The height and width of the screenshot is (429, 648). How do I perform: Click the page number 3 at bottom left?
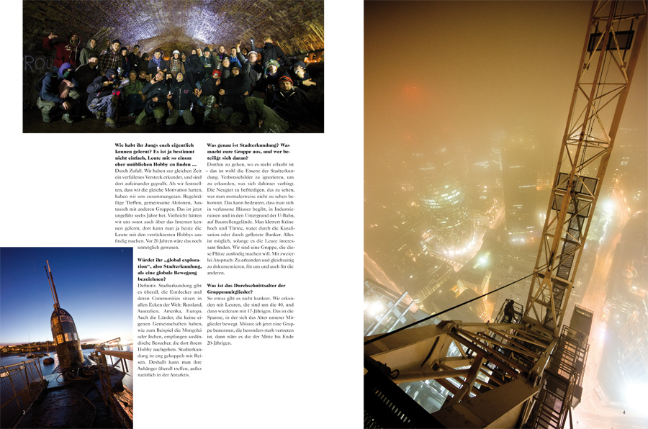coord(24,412)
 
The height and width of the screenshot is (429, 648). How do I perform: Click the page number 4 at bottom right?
coord(624,412)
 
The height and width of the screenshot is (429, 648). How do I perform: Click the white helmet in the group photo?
coord(253,55)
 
